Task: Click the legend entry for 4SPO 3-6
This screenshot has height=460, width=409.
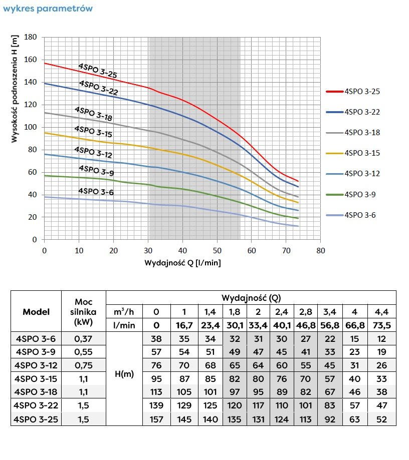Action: point(360,215)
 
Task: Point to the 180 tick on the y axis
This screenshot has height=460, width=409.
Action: point(31,38)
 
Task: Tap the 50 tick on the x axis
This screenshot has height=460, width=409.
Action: point(217,250)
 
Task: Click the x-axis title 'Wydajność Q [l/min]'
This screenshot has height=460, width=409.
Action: point(182,262)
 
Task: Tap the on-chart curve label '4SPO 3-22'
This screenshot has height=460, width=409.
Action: point(98,87)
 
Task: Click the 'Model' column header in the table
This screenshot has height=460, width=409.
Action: point(36,311)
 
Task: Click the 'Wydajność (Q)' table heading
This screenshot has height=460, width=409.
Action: point(251,298)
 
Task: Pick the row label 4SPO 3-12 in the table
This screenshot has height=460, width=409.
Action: point(36,364)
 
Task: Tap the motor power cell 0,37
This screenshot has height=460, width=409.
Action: point(83,338)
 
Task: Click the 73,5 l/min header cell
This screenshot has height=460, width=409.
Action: point(381,325)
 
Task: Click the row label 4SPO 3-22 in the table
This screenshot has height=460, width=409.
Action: point(36,405)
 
